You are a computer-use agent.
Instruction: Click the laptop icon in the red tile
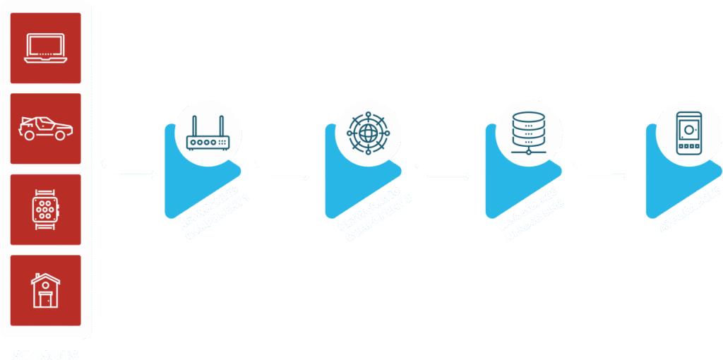(x=45, y=48)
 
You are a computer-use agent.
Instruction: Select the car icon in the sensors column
(x=45, y=128)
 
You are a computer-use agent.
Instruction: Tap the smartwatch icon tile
(x=45, y=209)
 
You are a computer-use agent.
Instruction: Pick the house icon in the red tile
(x=45, y=290)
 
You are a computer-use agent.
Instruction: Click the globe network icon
(x=368, y=133)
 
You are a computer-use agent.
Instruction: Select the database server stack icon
(x=528, y=131)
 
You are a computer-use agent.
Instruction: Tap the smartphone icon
(x=688, y=132)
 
